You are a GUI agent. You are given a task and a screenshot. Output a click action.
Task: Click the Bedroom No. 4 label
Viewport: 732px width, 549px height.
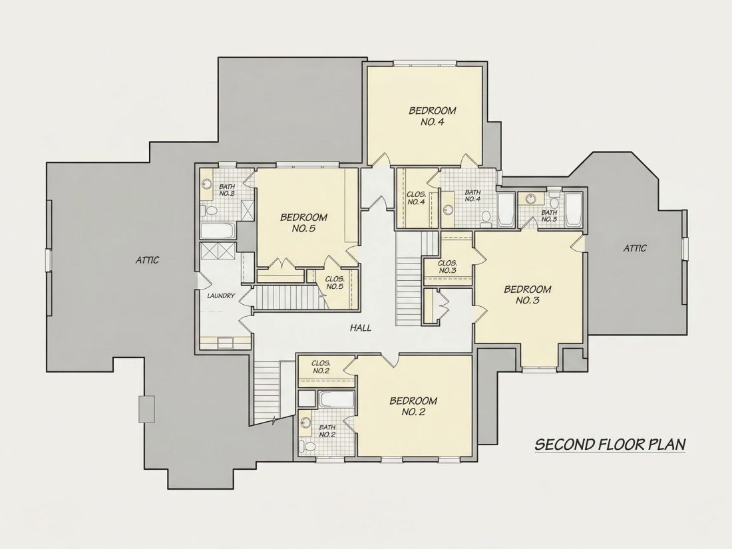point(433,116)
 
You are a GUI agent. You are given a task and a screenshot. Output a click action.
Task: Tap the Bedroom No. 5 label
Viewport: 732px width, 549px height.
point(303,223)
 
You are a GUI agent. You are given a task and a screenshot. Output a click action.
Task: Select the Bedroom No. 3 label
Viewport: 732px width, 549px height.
point(528,295)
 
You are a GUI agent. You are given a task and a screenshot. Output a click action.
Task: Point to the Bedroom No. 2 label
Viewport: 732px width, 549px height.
point(413,406)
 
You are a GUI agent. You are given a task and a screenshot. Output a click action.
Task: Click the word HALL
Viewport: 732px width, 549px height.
point(361,327)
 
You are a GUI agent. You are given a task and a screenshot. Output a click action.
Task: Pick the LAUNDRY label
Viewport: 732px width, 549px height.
point(221,295)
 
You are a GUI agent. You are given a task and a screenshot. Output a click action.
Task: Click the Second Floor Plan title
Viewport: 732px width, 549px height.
point(610,444)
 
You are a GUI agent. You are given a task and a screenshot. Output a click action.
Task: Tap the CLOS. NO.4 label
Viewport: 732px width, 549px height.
point(416,198)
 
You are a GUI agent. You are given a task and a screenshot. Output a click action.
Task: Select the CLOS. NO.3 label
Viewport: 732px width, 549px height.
point(447,267)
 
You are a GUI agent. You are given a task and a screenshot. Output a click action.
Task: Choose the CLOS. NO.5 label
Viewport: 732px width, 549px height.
point(335,282)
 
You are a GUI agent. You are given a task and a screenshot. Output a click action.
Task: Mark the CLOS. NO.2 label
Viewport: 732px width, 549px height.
point(321,367)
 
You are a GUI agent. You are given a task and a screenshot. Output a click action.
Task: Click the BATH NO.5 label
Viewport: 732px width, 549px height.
point(549,216)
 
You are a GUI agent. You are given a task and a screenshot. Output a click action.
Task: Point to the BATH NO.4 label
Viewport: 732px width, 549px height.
point(472,195)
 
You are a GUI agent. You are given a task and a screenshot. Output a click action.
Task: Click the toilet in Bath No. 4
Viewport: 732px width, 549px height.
point(486,217)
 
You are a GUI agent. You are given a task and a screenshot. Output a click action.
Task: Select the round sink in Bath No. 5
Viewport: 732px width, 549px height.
point(530,199)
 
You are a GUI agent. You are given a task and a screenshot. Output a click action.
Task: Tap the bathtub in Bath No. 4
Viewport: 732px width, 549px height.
point(506,210)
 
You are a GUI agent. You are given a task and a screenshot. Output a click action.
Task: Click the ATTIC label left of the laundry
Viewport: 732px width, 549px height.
point(148,260)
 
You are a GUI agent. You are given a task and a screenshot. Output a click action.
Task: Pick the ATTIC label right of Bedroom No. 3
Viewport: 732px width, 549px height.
point(635,248)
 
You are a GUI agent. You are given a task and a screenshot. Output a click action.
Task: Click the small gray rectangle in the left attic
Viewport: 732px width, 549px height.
point(146,409)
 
